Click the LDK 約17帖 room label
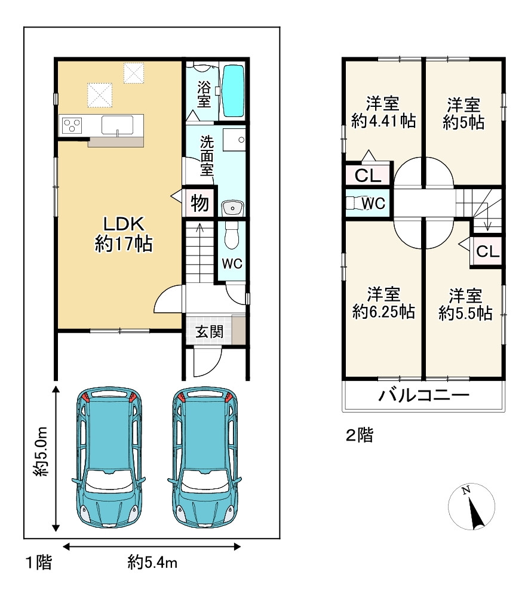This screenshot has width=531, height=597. (x=124, y=234)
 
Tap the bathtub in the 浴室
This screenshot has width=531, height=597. (x=233, y=91)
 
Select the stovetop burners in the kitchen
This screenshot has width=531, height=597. (x=72, y=125)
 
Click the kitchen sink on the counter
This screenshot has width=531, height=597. (x=117, y=125)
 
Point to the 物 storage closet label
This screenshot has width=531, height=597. (x=200, y=203)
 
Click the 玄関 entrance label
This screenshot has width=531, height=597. (x=209, y=331)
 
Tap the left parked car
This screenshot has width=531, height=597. (x=109, y=458)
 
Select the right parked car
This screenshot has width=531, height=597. (x=205, y=458)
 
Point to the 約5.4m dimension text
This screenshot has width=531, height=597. (x=152, y=562)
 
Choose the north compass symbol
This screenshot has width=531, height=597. (x=472, y=507)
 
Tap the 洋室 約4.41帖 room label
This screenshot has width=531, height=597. (x=383, y=112)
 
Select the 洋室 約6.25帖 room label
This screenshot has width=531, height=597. (x=383, y=303)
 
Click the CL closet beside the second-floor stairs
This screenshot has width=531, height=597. (x=487, y=251)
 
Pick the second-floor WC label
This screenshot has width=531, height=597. (x=373, y=204)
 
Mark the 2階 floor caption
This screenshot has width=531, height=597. (x=360, y=435)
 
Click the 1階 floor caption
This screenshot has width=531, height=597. (x=38, y=562)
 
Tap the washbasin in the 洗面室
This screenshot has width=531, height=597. (x=232, y=208)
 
